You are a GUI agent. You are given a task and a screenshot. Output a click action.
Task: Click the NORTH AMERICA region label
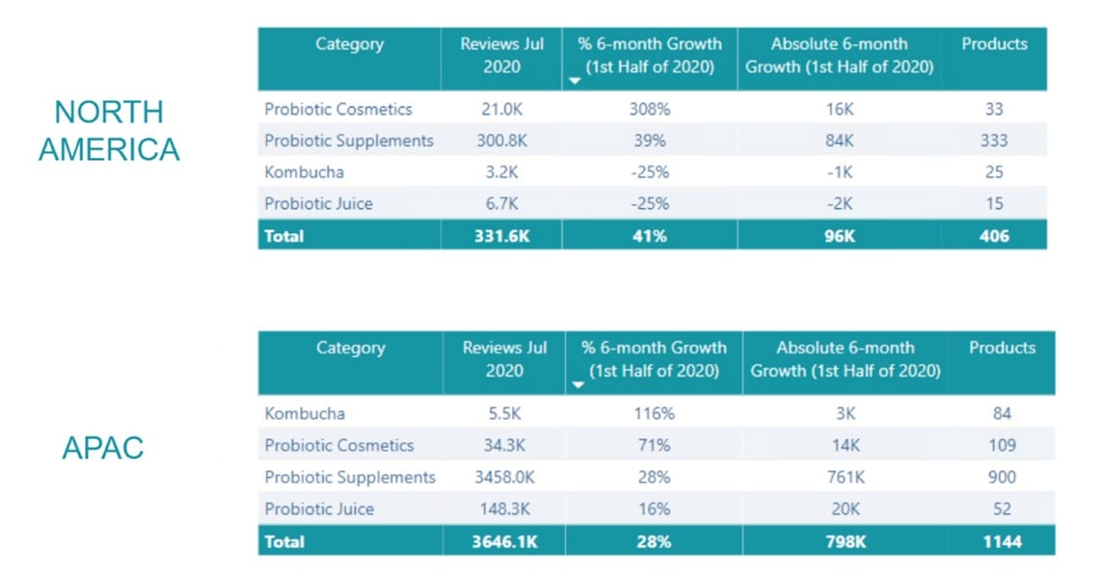(108, 130)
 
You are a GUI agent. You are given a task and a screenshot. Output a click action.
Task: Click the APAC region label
(102, 448)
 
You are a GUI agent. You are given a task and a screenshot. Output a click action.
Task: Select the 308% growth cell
(650, 109)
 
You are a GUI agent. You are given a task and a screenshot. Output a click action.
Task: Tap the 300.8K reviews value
(501, 141)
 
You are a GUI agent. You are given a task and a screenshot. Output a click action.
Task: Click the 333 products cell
(994, 141)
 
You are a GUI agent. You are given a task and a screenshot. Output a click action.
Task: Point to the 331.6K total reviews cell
(501, 236)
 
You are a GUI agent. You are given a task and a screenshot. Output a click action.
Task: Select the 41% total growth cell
(650, 236)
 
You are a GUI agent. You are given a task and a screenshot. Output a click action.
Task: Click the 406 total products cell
(994, 236)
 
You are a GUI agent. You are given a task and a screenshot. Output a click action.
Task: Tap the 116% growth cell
(653, 413)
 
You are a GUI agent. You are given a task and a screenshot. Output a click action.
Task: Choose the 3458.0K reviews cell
(503, 477)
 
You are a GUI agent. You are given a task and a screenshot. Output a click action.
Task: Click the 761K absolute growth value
(845, 477)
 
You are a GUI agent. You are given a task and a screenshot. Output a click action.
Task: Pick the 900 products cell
(1002, 477)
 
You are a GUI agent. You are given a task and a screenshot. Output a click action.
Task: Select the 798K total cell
(845, 541)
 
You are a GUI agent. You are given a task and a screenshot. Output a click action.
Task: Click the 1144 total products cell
(1002, 541)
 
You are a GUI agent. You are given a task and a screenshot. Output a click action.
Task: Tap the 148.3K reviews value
(503, 509)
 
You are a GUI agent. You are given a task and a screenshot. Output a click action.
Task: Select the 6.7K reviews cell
(501, 203)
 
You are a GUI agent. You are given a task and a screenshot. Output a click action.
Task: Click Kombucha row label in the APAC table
(305, 413)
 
